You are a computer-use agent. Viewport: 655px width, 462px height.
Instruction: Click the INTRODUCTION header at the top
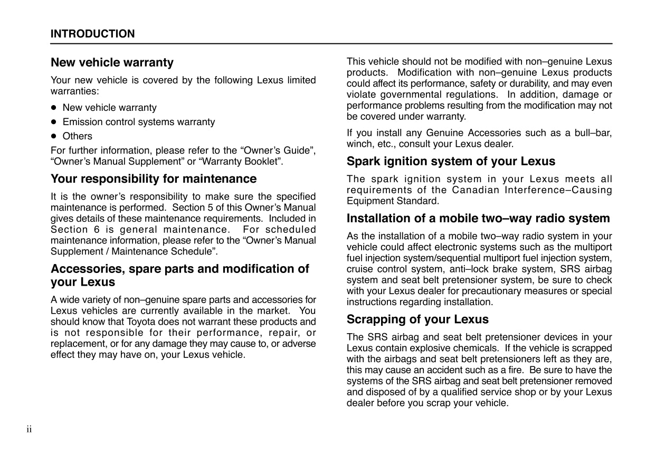92,34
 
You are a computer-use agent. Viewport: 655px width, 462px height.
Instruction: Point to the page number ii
30,429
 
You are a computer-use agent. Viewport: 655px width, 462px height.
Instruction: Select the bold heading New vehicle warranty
112,62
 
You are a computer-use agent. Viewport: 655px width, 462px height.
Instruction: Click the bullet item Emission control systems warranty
139,122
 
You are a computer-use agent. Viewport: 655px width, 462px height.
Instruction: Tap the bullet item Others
77,136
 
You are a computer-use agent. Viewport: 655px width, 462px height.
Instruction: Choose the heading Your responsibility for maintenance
154,178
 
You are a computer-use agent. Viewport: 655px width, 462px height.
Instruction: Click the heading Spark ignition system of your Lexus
451,161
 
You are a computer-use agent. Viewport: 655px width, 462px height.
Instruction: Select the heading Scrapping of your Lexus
417,319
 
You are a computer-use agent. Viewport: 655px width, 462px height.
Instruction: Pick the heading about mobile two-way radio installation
478,218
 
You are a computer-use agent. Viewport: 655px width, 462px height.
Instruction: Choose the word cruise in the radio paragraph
359,269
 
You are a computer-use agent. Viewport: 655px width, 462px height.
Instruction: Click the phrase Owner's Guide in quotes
278,150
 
